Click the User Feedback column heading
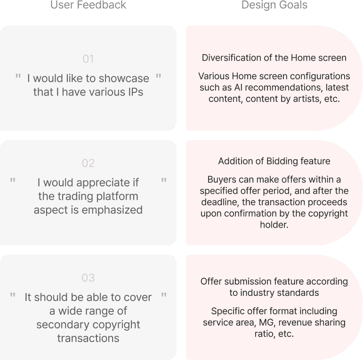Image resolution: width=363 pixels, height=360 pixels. pos(88,5)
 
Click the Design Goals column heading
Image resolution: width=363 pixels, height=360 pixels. pos(274,5)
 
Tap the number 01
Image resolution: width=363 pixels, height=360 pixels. pos(88,59)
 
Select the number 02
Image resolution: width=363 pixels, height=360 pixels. pos(88,163)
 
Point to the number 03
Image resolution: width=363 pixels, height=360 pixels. pos(88,278)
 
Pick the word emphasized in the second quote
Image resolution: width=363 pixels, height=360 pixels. pos(112,210)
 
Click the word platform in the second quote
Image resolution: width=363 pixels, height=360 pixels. pos(117,196)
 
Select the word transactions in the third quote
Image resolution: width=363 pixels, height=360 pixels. pos(88,338)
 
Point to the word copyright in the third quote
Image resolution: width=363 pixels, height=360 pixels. pos(117,325)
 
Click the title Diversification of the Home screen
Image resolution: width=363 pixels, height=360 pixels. pos(274,57)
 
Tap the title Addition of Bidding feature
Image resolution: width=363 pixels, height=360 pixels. pos(274,161)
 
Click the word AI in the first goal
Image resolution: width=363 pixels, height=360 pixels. pos(238,88)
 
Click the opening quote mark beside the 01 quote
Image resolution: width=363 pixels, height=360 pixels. pos(18,76)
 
